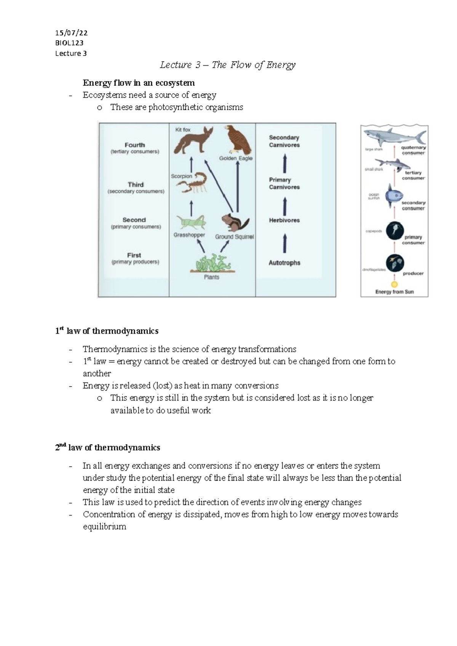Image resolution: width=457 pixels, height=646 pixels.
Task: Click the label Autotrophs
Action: click(x=284, y=263)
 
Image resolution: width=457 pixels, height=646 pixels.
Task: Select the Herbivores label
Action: click(x=284, y=220)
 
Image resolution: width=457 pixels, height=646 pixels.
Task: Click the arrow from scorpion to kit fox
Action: click(x=191, y=164)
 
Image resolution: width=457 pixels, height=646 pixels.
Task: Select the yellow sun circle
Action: click(x=395, y=284)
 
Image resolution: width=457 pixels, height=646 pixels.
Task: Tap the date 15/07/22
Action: click(x=71, y=33)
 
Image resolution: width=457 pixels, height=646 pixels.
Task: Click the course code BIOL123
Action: click(x=69, y=43)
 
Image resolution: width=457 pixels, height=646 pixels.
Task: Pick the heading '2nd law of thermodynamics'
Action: click(x=107, y=447)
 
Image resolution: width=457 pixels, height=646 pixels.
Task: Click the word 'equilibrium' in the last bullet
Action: click(x=104, y=527)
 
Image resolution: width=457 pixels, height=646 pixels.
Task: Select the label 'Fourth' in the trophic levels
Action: click(x=135, y=145)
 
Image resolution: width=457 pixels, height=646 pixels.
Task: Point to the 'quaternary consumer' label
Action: click(x=413, y=150)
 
